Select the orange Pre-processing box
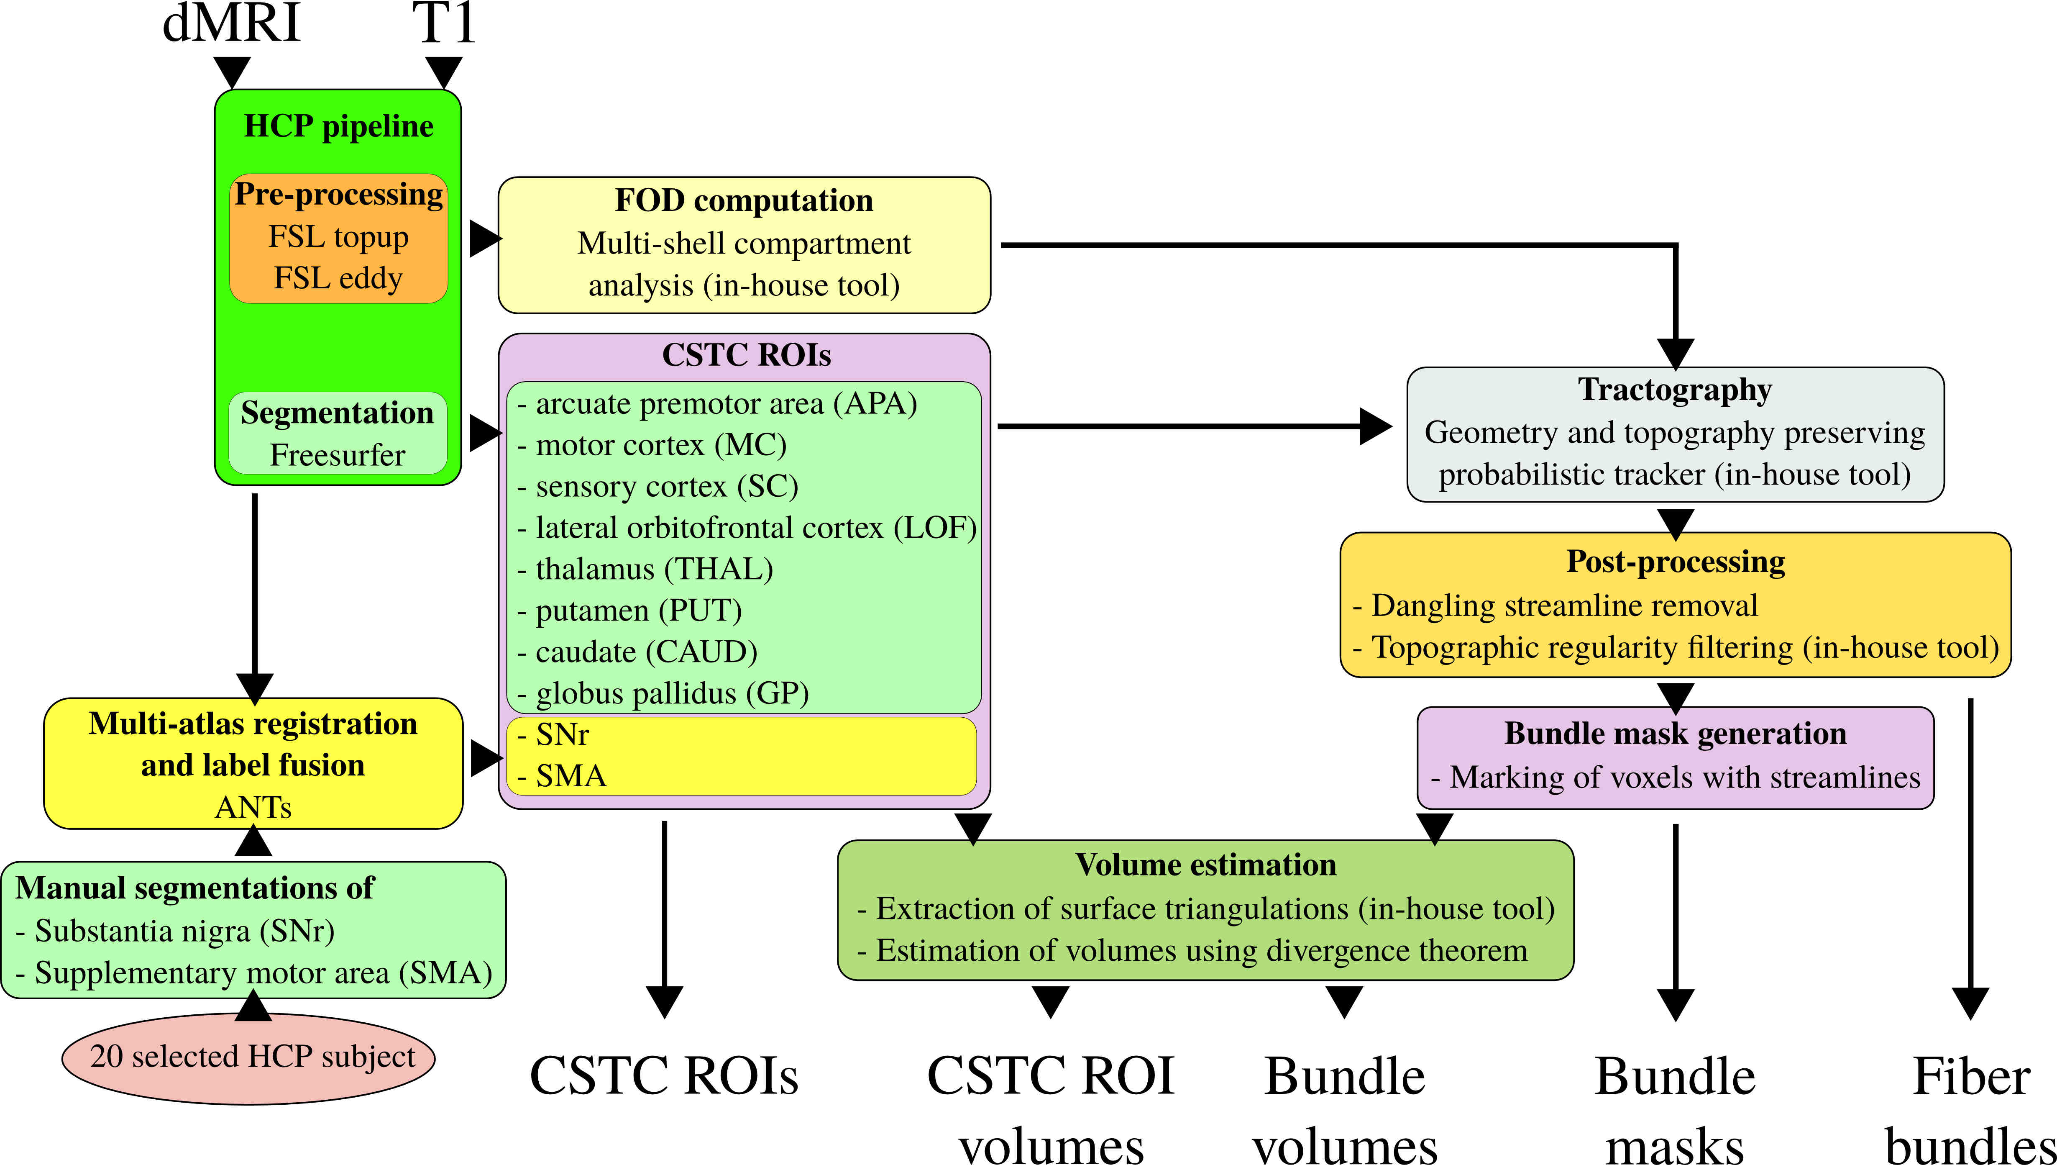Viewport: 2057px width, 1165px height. click(x=338, y=239)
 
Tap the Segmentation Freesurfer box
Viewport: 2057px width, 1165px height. click(x=338, y=433)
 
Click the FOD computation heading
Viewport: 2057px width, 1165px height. click(x=744, y=200)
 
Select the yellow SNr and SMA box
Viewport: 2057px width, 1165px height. click(x=742, y=755)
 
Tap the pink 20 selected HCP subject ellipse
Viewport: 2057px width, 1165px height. click(x=249, y=1058)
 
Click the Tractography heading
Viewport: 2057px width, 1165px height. click(x=1675, y=390)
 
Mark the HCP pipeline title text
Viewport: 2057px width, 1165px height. click(x=338, y=126)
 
